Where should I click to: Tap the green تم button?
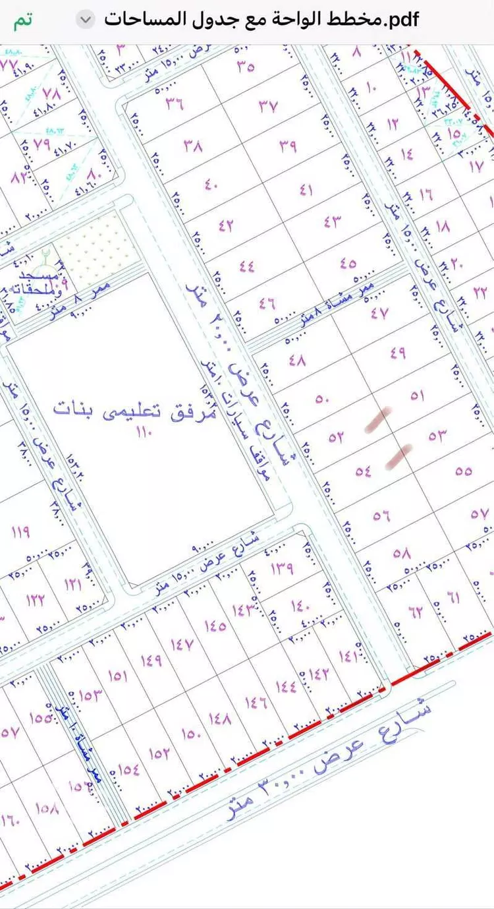click(22, 20)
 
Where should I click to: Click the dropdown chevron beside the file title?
click(86, 20)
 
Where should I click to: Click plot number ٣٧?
click(268, 105)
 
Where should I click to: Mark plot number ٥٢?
click(336, 436)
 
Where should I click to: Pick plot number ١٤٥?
click(215, 625)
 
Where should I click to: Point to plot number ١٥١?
click(117, 676)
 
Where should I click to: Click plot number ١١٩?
click(20, 531)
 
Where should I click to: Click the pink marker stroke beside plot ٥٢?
click(379, 420)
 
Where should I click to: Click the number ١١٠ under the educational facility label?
click(143, 433)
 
